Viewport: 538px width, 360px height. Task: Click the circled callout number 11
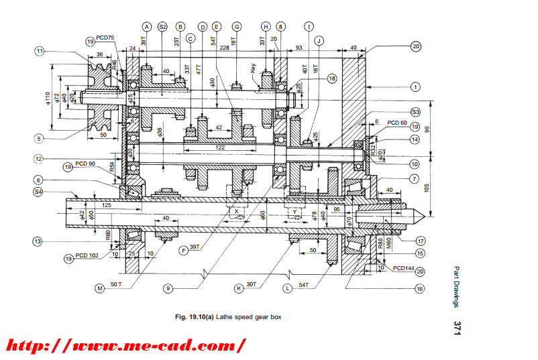point(40,50)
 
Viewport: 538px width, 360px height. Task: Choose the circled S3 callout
point(416,111)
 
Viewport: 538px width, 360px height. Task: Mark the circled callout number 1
point(416,86)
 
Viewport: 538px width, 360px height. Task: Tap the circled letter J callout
point(319,41)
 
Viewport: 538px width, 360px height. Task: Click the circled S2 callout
point(162,26)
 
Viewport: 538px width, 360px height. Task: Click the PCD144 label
point(404,268)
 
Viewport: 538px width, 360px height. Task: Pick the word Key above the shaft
point(254,68)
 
